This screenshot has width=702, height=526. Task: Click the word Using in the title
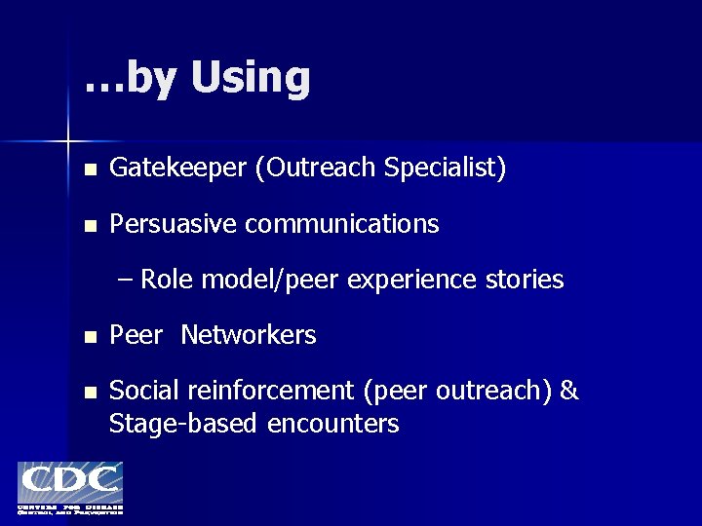pyautogui.click(x=251, y=79)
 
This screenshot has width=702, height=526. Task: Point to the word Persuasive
pyautogui.click(x=173, y=224)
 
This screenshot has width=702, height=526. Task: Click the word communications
pyautogui.click(x=342, y=224)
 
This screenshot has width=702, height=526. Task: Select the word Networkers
pyautogui.click(x=249, y=336)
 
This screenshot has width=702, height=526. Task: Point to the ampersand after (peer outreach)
pyautogui.click(x=570, y=392)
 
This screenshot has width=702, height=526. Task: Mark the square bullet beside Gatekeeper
pyautogui.click(x=90, y=170)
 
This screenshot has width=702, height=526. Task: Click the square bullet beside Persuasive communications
pyautogui.click(x=90, y=226)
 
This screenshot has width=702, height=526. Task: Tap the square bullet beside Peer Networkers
pyautogui.click(x=90, y=338)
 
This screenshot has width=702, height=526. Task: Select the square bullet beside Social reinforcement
pyautogui.click(x=90, y=394)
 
